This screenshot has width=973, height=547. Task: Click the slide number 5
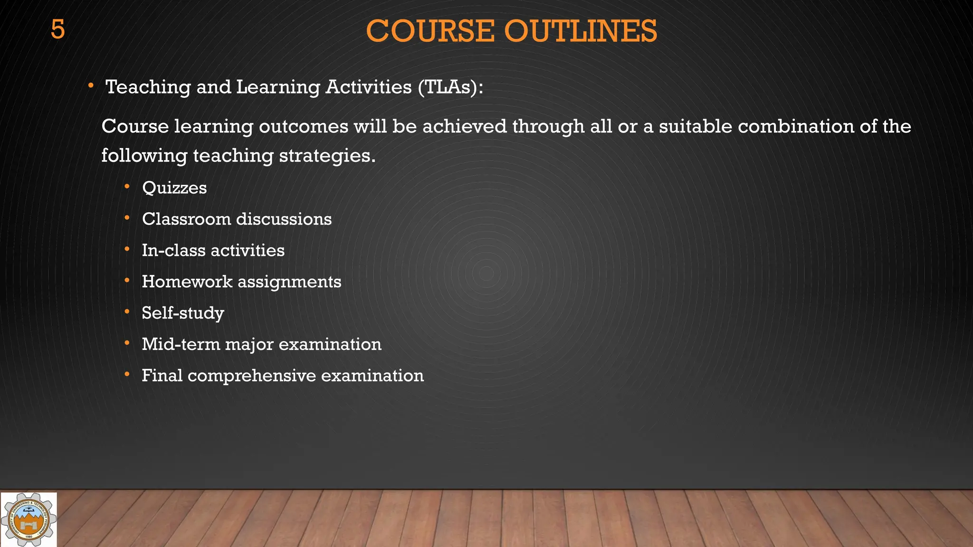point(57,30)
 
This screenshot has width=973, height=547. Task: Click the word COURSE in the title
point(430,31)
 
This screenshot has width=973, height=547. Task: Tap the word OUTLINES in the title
point(581,31)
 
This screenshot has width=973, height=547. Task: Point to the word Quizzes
point(174,188)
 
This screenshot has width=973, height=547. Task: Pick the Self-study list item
point(183,313)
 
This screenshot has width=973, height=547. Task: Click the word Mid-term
point(181,344)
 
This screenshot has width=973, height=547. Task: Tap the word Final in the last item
point(162,376)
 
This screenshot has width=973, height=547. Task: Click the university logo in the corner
point(29,519)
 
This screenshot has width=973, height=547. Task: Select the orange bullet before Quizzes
point(127,187)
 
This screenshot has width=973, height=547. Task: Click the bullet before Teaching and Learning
point(90,86)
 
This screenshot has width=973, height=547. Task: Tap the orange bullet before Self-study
point(127,312)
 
